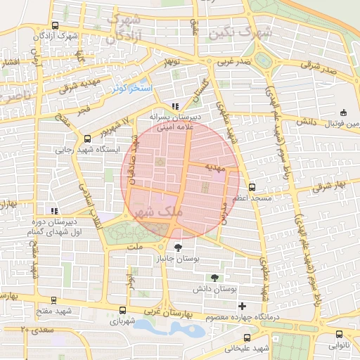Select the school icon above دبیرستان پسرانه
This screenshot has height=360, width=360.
[x=175, y=106]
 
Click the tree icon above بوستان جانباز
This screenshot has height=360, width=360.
[x=176, y=247]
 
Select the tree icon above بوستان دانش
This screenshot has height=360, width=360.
[x=213, y=277]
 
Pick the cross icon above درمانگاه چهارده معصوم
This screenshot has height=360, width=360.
[x=243, y=306]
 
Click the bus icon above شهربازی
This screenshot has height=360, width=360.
[x=123, y=309]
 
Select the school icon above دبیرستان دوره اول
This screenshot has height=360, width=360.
[x=53, y=210]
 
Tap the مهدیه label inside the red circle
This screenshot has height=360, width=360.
[x=214, y=168]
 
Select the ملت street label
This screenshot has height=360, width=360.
[x=136, y=247]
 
